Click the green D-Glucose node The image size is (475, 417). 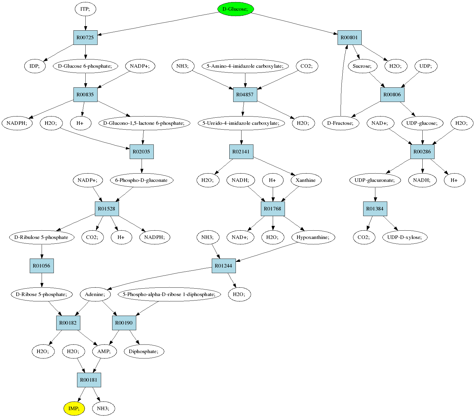click(x=236, y=9)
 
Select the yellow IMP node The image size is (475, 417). click(x=74, y=408)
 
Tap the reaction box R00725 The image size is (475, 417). click(x=85, y=37)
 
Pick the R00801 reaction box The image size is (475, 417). click(x=349, y=37)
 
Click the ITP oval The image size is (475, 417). click(x=85, y=9)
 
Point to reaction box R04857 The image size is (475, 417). click(x=245, y=95)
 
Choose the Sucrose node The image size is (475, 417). click(x=362, y=66)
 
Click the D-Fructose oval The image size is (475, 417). click(x=341, y=123)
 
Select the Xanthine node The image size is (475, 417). click(x=306, y=180)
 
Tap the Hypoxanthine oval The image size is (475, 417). click(x=313, y=237)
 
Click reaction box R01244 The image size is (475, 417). click(x=224, y=266)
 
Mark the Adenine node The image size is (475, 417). click(x=95, y=294)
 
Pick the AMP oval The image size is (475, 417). click(x=104, y=351)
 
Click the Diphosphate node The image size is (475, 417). click(x=144, y=351)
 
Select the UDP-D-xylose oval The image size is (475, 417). click(x=405, y=237)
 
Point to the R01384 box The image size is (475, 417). click(x=375, y=209)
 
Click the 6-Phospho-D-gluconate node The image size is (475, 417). click(x=142, y=180)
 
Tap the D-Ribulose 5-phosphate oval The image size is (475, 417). click(x=42, y=237)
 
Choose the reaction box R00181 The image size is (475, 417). click(x=89, y=380)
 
